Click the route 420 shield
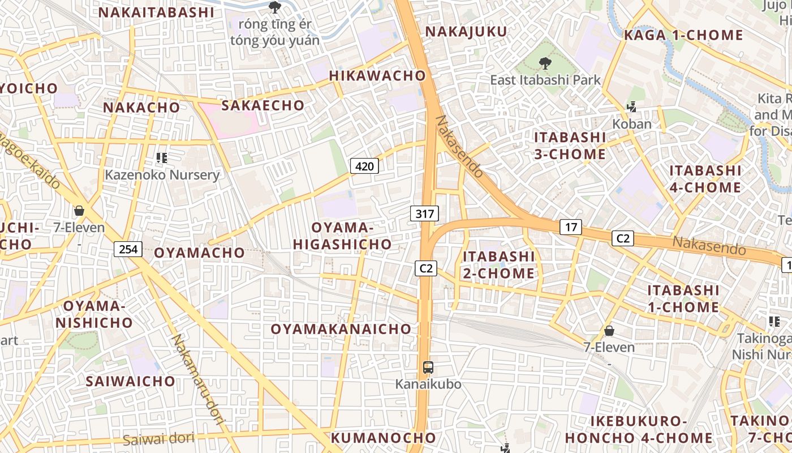tap(364, 166)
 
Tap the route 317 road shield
tap(424, 213)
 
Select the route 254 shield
tap(128, 248)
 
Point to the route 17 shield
tap(571, 227)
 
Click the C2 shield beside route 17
tap(622, 238)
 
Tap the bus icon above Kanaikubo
tap(428, 367)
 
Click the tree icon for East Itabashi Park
tap(545, 63)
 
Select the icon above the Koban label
tap(631, 106)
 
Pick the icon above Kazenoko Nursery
tap(162, 157)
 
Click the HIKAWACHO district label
tap(377, 75)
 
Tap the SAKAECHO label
tap(262, 105)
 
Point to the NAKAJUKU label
tap(466, 32)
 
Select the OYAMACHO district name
tap(199, 253)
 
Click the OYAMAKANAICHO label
tap(341, 329)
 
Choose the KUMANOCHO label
tap(384, 438)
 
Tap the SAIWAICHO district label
tap(131, 381)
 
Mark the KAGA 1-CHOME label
tap(683, 35)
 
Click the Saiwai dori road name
tap(158, 438)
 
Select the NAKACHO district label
tap(141, 107)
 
